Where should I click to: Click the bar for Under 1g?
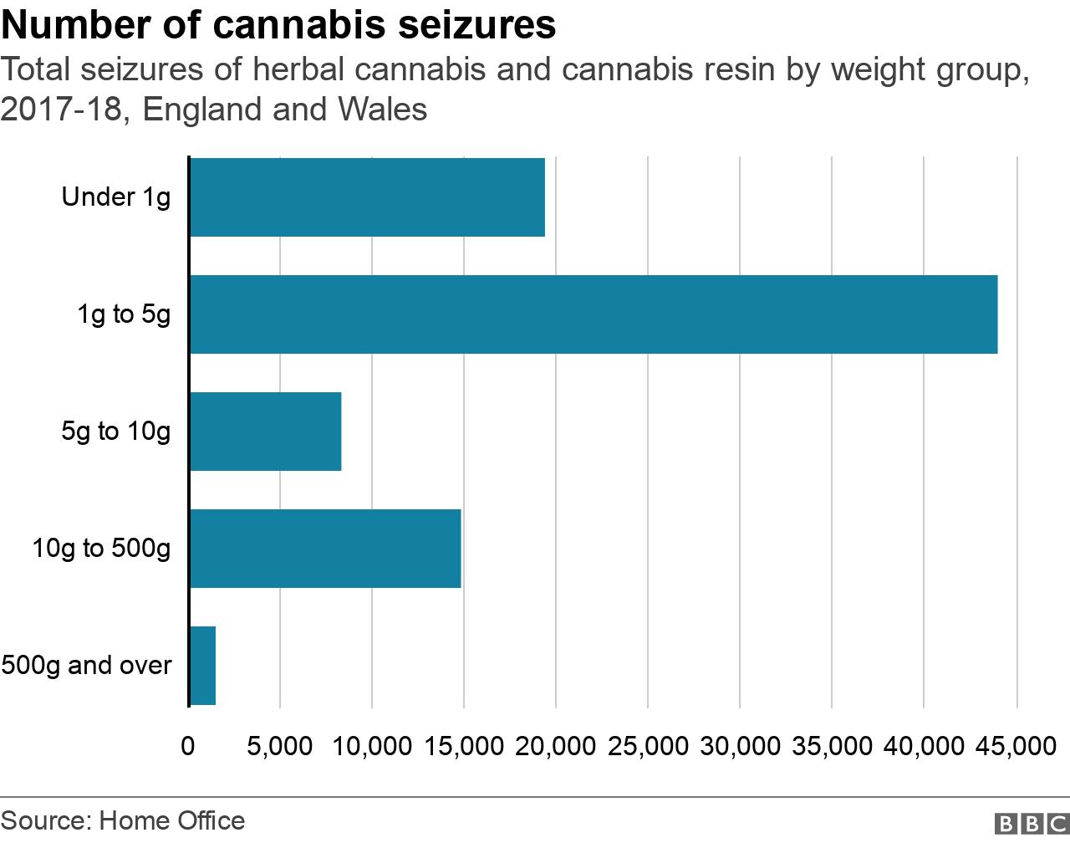(367, 197)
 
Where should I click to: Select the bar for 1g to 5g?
(594, 314)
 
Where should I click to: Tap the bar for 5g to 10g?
(266, 432)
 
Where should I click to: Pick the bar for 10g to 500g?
(325, 549)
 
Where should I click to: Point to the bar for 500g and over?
(203, 666)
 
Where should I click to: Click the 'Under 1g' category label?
(116, 197)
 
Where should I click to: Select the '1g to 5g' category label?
(124, 314)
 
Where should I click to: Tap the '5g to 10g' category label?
(116, 432)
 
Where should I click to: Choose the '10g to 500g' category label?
(101, 549)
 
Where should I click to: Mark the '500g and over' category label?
(86, 666)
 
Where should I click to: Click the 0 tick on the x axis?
(188, 746)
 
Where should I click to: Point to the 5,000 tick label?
(280, 746)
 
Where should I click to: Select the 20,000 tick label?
(556, 746)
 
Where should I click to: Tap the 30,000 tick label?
(740, 746)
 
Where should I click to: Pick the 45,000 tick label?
(1016, 746)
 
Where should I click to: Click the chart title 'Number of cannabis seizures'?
(278, 25)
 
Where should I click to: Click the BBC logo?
(1032, 824)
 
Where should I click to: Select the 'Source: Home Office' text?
(123, 821)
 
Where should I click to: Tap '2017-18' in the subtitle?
(61, 110)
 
